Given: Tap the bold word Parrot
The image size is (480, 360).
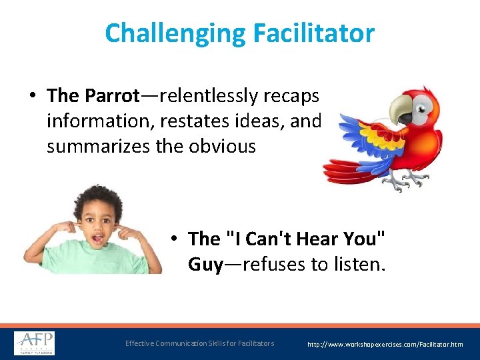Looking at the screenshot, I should point(111,96).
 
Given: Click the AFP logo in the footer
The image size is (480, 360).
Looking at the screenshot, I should point(35,343).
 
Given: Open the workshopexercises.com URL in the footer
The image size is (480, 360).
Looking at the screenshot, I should point(385,345).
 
